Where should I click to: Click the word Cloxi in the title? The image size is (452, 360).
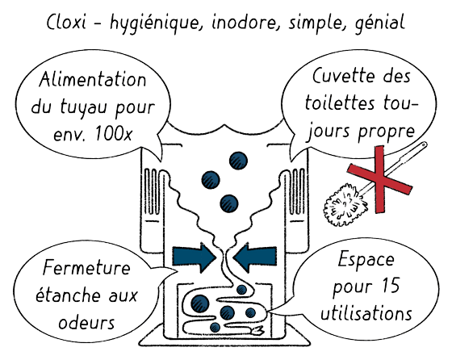point(66,22)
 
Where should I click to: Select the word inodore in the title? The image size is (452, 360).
point(244,23)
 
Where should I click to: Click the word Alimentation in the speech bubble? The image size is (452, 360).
point(93,79)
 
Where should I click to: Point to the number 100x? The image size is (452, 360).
point(114,134)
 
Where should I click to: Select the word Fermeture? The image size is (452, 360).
point(86,268)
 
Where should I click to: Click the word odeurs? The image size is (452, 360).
point(86,322)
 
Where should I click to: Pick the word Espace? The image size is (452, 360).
point(366,260)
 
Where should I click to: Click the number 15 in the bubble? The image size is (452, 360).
point(390,286)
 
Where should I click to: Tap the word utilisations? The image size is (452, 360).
point(366,312)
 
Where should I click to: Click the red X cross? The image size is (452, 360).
point(379,179)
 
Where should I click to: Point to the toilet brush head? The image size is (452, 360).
point(345,205)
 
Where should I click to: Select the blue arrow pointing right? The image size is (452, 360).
point(195,257)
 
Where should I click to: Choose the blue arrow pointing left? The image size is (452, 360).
point(254,257)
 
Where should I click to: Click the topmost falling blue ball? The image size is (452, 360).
point(238,161)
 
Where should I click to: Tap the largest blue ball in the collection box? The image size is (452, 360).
point(200,303)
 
